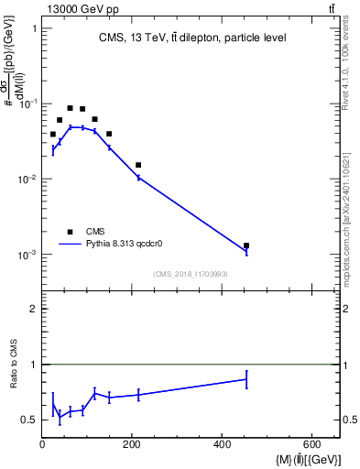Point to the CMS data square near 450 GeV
[246, 245]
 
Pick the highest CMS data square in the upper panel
[70, 108]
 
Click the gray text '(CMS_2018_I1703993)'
[191, 274]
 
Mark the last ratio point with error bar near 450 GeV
[246, 378]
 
